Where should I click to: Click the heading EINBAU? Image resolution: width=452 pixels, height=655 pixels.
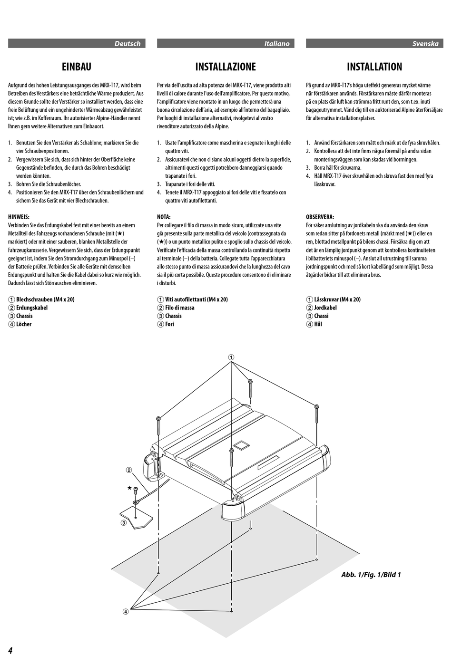77,67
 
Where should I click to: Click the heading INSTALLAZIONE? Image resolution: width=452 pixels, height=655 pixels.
226,67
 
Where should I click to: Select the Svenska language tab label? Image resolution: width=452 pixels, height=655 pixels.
425,44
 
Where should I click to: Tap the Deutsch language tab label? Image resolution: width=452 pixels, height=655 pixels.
128,44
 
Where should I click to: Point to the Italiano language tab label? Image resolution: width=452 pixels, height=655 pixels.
277,44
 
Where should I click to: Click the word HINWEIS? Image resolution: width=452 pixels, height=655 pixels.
19,217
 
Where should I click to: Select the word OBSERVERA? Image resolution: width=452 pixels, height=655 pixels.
320,217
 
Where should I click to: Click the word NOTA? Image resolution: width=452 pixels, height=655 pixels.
164,217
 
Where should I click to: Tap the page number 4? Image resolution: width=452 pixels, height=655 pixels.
10,650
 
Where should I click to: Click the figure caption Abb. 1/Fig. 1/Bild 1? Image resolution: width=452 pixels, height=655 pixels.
371,575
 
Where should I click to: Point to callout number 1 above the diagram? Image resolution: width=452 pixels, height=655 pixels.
231,357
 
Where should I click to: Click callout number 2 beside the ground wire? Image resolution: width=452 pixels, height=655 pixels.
128,470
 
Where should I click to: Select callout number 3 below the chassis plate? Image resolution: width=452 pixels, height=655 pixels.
123,523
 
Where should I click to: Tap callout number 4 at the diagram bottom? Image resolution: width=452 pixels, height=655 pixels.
126,612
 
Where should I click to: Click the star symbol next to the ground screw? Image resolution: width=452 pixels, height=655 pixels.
129,488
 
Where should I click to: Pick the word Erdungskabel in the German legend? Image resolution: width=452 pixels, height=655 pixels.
32,308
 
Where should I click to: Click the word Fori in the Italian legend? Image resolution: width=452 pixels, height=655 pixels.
170,324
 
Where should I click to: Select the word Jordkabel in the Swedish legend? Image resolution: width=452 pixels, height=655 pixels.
325,308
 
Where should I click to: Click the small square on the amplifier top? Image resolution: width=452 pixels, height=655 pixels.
240,445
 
